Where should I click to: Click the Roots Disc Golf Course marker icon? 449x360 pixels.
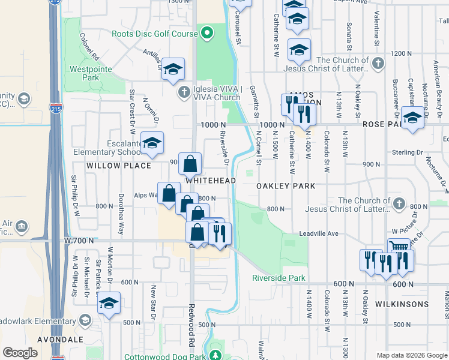207,33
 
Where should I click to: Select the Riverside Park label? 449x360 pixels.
279,278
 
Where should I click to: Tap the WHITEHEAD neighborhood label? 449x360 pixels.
209,180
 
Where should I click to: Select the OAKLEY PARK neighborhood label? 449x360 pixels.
286,186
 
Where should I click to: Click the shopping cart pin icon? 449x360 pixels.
398,247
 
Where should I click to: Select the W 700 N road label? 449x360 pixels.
79,240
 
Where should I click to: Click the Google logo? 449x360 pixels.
20,352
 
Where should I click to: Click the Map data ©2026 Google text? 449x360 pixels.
411,355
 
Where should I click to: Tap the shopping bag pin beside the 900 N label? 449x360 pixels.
190,163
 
